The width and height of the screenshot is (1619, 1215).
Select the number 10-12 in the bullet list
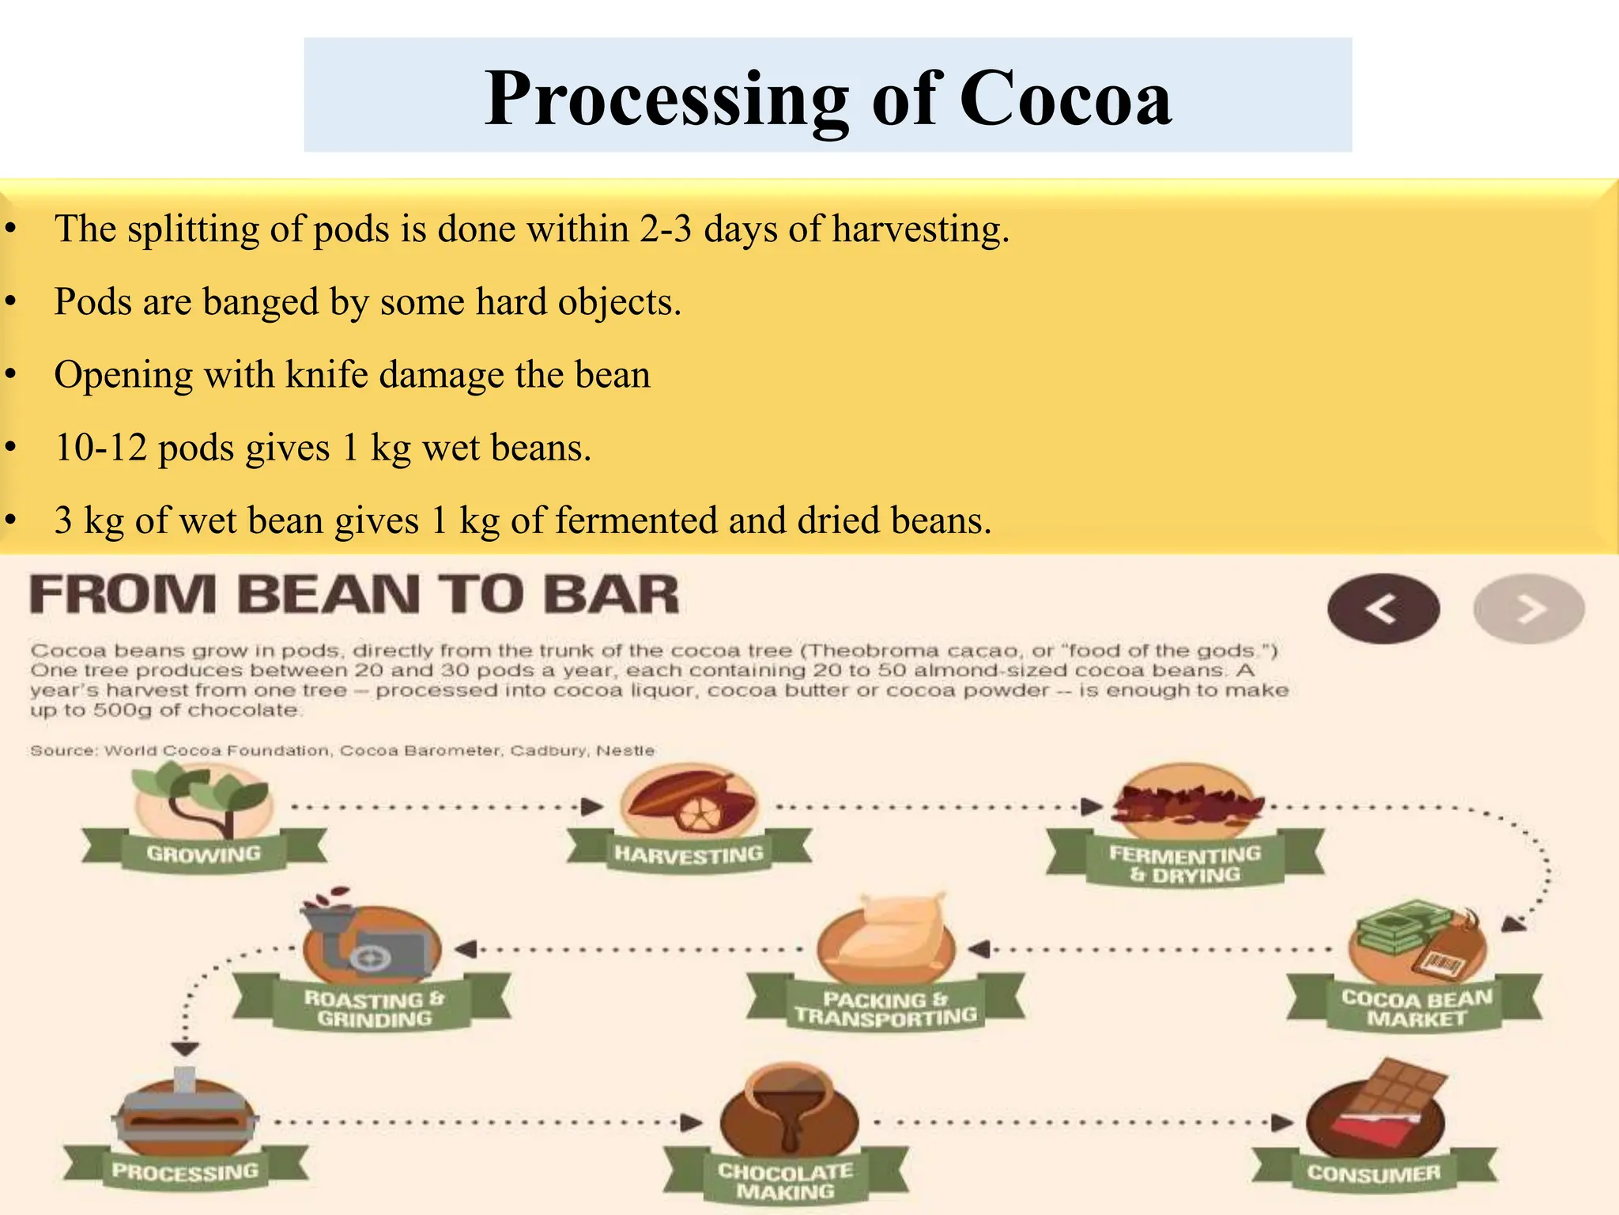(x=100, y=448)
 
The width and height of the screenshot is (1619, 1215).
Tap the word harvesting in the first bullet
(x=920, y=229)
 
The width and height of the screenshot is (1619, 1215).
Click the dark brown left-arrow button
(x=1383, y=608)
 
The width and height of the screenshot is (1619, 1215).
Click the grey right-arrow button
(x=1529, y=608)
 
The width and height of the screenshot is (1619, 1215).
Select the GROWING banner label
(x=204, y=854)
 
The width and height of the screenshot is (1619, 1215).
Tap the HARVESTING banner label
(x=689, y=854)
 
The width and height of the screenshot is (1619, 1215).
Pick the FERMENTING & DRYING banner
(x=1184, y=864)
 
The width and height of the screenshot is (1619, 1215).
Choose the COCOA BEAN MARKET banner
(x=1416, y=1008)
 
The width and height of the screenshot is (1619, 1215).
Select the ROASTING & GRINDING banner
(x=374, y=1009)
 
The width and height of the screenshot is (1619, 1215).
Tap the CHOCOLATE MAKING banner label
(x=785, y=1181)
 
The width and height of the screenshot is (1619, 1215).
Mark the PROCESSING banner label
(x=185, y=1171)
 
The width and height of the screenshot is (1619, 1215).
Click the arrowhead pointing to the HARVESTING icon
(x=592, y=807)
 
